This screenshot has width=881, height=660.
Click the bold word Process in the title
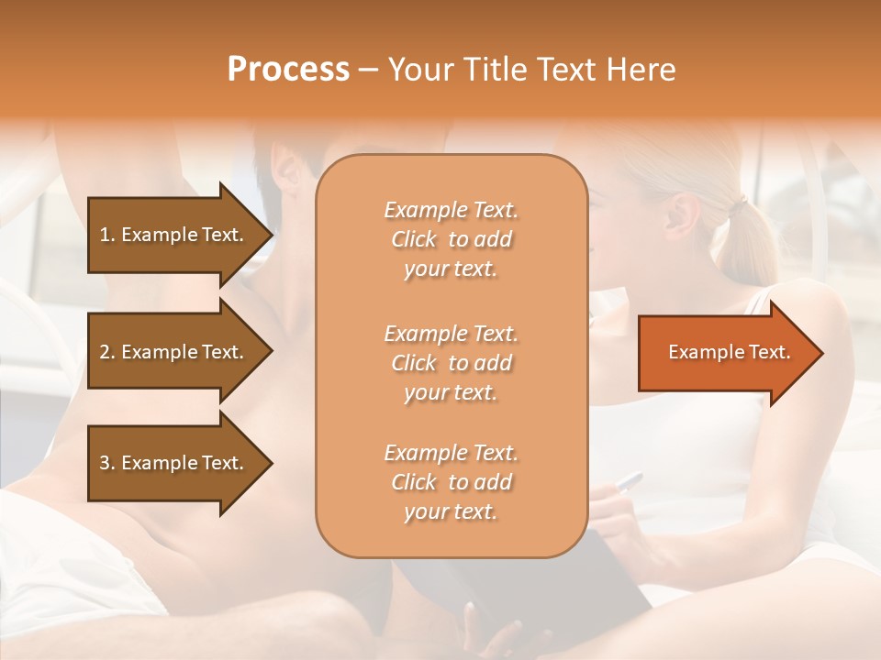288,70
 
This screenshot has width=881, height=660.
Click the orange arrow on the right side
725,353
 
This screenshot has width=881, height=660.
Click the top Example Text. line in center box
451,210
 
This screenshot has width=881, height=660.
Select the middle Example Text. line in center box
451,334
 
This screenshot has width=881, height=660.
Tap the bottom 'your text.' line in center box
451,512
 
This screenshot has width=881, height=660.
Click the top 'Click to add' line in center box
451,239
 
